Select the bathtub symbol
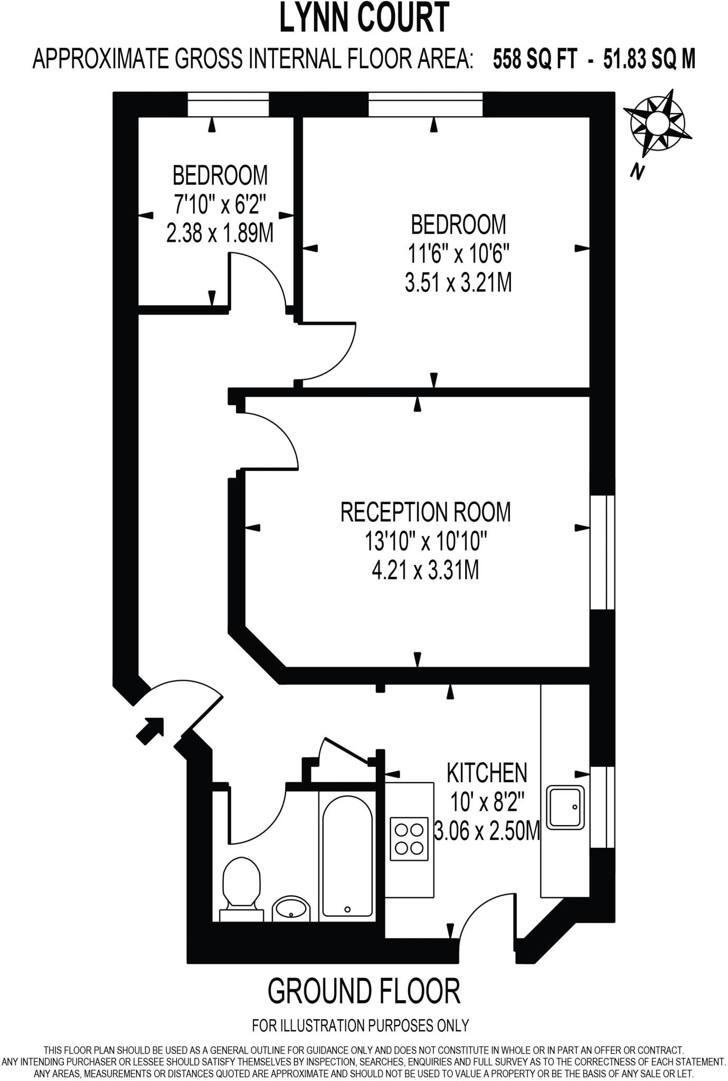pyautogui.click(x=347, y=855)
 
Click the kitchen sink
pyautogui.click(x=565, y=807)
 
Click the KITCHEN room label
pyautogui.click(x=486, y=773)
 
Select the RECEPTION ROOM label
pyautogui.click(x=426, y=512)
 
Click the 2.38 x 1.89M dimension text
pyautogui.click(x=220, y=233)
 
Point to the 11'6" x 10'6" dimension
pyautogui.click(x=458, y=254)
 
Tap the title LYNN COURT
pyautogui.click(x=364, y=18)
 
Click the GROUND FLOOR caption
pyautogui.click(x=364, y=991)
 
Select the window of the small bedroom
pyautogui.click(x=228, y=104)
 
